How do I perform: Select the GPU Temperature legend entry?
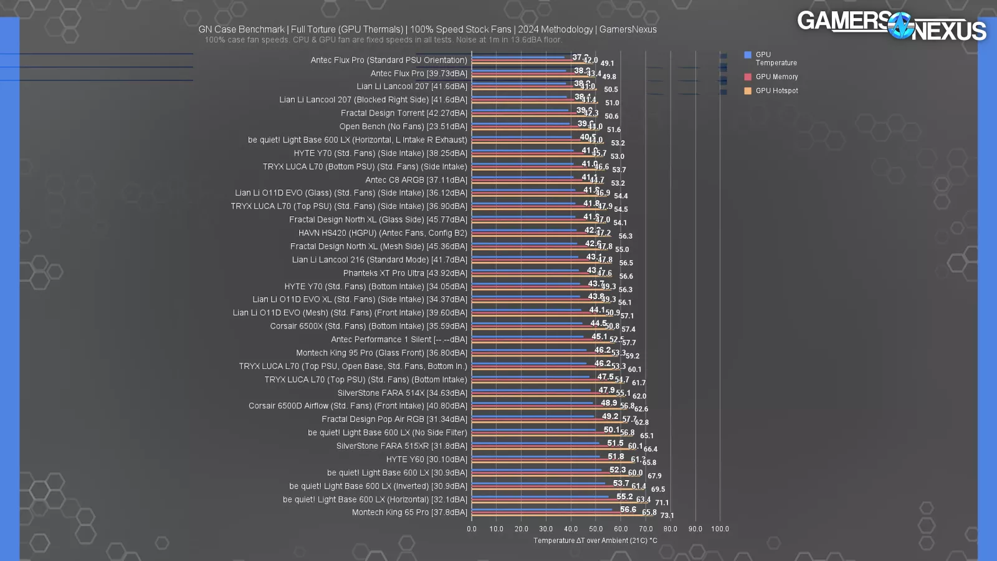770,59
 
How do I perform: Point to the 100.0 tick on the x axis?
720,529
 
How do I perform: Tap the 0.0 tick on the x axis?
472,529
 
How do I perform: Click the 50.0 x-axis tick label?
596,529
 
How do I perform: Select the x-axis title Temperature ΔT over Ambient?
595,540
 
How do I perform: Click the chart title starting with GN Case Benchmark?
427,29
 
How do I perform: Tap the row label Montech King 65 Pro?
409,512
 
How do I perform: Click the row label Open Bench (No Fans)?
403,127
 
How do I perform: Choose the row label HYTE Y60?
426,459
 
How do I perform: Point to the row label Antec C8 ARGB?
416,180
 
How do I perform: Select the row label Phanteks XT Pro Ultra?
405,273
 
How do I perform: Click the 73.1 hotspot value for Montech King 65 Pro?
667,515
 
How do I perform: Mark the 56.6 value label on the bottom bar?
628,509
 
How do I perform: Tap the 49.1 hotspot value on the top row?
608,63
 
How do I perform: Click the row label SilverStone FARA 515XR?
401,446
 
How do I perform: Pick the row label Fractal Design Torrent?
404,113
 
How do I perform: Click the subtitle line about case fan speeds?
383,40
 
